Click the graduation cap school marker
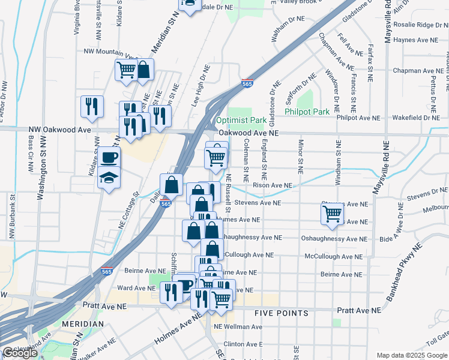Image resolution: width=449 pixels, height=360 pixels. click(109, 179)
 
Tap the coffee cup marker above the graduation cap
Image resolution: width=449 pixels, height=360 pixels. click(109, 158)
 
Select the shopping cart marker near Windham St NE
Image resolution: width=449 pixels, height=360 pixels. click(332, 214)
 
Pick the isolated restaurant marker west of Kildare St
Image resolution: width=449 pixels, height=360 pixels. click(92, 106)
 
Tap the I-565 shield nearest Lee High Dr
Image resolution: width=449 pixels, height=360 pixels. click(247, 83)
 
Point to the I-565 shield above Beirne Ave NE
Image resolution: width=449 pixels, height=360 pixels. click(107, 271)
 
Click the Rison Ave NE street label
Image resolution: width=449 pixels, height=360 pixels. click(276, 186)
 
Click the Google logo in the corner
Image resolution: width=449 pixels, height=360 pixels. click(19, 353)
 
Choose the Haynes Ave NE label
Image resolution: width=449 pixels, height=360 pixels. click(430, 40)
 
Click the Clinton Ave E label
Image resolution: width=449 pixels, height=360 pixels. click(243, 344)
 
